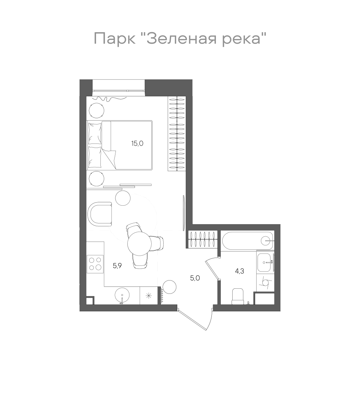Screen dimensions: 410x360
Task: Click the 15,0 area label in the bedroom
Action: tap(138, 143)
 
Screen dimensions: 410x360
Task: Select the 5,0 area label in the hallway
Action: tap(195, 278)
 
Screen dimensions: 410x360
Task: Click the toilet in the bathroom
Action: tap(237, 296)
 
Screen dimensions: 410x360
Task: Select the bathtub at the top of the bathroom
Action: tap(247, 241)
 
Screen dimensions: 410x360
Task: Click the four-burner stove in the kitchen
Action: tap(95, 264)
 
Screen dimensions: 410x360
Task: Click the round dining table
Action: tap(139, 243)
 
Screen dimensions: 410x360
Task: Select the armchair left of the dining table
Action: tap(100, 214)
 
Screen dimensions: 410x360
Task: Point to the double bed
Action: tap(120, 145)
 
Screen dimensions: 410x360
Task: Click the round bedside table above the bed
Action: tap(97, 110)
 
